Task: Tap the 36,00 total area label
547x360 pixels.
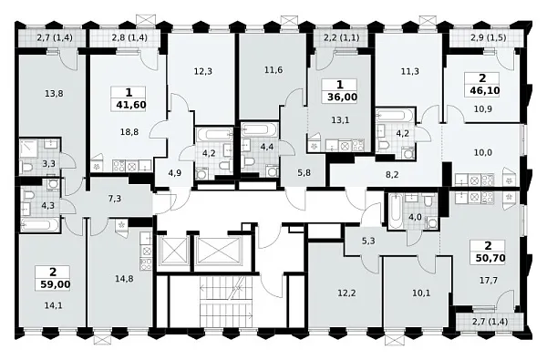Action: pyautogui.click(x=342, y=97)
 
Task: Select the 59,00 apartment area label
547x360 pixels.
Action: pyautogui.click(x=55, y=284)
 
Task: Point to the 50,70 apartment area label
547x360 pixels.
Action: pyautogui.click(x=490, y=258)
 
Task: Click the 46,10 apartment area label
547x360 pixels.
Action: pyautogui.click(x=485, y=91)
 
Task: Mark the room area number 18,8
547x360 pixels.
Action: pyautogui.click(x=129, y=132)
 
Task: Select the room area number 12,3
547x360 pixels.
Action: pyautogui.click(x=203, y=71)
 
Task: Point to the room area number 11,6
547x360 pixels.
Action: pyautogui.click(x=273, y=70)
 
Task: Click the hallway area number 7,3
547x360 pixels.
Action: pyautogui.click(x=115, y=199)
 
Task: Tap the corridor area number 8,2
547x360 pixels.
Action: pyautogui.click(x=392, y=174)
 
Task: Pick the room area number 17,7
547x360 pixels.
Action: pyautogui.click(x=489, y=281)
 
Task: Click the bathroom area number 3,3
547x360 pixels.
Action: pyautogui.click(x=48, y=163)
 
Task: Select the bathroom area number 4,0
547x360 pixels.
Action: pyautogui.click(x=415, y=217)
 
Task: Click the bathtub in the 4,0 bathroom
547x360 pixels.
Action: pyautogui.click(x=395, y=211)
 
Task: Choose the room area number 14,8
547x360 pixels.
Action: pyautogui.click(x=124, y=278)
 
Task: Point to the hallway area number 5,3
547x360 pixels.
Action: pyautogui.click(x=368, y=241)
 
